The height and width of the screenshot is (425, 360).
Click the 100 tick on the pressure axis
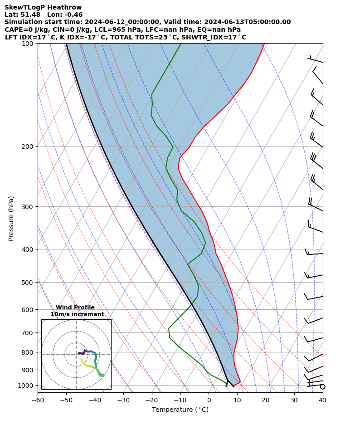pyautogui.click(x=28, y=44)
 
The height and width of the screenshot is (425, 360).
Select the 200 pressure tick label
pyautogui.click(x=28, y=147)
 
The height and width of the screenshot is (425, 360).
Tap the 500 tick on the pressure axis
pyautogui.click(x=28, y=283)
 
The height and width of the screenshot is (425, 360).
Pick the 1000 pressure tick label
pyautogui.click(x=26, y=386)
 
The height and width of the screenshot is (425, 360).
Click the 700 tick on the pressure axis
pyautogui.click(x=28, y=333)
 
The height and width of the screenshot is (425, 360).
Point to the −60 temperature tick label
pyautogui.click(x=38, y=400)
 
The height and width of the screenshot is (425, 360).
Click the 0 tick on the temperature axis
pyautogui.click(x=209, y=400)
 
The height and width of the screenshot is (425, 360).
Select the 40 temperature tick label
pyautogui.click(x=322, y=400)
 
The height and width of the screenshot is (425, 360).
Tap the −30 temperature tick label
pyautogui.click(x=123, y=400)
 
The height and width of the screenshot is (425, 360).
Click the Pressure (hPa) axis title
pyautogui.click(x=11, y=218)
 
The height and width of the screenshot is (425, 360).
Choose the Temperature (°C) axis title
pyautogui.click(x=180, y=410)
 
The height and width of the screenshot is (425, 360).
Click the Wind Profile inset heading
pyautogui.click(x=75, y=308)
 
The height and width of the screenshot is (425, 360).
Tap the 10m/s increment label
pyautogui.click(x=77, y=314)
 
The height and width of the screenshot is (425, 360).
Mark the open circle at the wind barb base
pyautogui.click(x=323, y=386)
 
